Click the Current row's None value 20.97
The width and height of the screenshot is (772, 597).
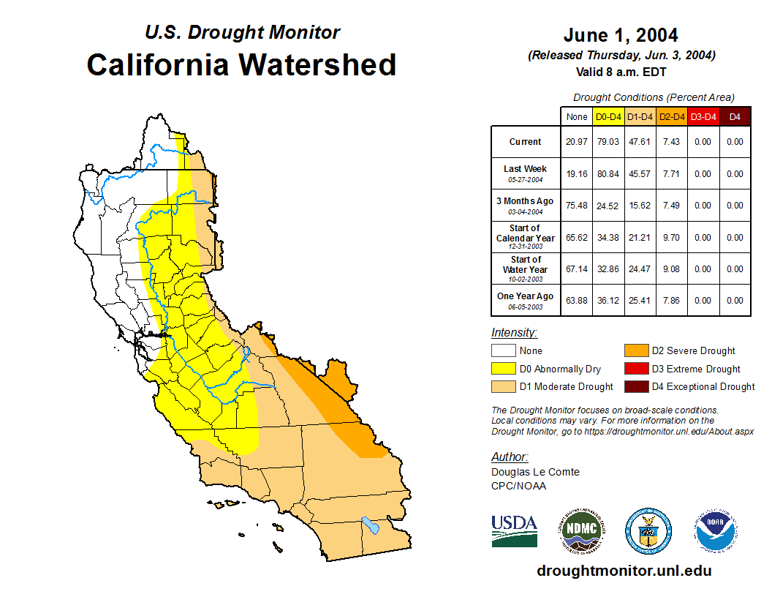pos(577,142)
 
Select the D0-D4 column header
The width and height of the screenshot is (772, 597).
pos(609,116)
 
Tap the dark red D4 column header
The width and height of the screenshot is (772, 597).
pos(735,116)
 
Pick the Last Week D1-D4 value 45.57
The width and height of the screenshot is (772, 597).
pos(640,174)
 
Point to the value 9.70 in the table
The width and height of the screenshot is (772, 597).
pos(672,238)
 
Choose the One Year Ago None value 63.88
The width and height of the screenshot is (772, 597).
pos(577,300)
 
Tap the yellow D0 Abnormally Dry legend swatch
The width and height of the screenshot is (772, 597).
pos(502,369)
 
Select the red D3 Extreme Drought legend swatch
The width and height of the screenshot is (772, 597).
pos(635,369)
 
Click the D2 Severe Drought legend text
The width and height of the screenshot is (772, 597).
pos(693,351)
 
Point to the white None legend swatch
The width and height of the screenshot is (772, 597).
pos(502,351)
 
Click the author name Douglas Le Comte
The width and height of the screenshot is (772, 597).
pos(535,472)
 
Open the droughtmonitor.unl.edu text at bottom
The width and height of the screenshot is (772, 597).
pos(624,571)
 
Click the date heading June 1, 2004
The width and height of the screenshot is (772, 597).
pos(621,35)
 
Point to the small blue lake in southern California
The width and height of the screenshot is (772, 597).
pos(371,525)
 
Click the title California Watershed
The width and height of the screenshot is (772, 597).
pos(241,64)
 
